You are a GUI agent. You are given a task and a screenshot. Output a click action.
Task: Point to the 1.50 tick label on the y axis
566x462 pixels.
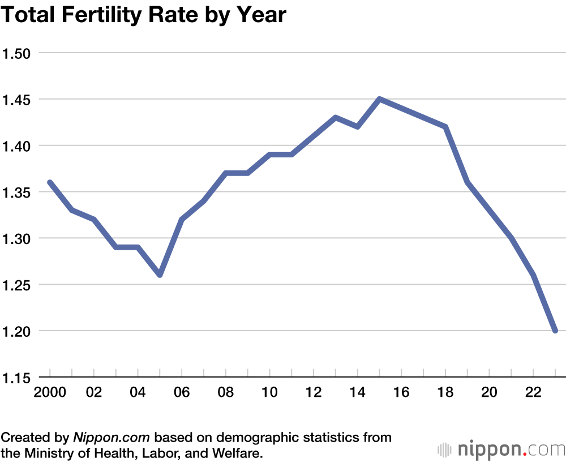18,53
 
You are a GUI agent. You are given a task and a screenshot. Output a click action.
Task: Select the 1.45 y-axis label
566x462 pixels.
18,100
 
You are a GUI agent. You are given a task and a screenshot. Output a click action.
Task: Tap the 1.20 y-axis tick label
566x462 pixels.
18,331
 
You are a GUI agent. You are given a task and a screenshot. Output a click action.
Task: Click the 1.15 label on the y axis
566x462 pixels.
18,377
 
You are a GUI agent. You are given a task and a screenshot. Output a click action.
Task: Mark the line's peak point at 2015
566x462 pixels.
380,99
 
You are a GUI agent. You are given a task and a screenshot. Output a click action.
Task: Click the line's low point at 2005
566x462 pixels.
160,275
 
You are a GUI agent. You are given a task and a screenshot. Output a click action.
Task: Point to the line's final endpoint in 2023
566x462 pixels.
555,331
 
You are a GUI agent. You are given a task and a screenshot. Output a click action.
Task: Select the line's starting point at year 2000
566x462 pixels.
50,182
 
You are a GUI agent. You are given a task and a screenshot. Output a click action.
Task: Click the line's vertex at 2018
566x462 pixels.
445,127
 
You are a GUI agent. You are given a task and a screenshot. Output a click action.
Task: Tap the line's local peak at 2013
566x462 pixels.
336,118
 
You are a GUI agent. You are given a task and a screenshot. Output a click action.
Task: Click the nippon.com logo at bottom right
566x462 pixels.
501,450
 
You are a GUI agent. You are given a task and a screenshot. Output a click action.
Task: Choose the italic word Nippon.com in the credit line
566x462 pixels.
111,438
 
